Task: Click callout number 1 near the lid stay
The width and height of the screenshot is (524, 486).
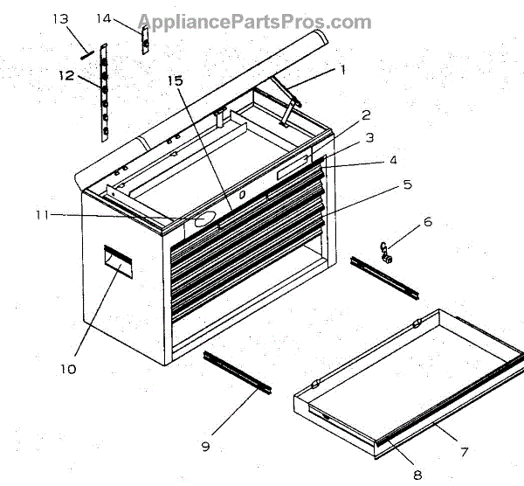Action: point(343,69)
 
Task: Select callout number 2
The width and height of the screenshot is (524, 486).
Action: point(366,115)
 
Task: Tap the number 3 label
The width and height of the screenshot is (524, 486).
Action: point(369,137)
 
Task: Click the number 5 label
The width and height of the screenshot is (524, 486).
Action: point(407,185)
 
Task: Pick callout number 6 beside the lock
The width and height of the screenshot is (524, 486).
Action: point(428,222)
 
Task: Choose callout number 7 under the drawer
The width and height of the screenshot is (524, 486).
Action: point(465,452)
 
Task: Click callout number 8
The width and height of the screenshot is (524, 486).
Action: point(417,475)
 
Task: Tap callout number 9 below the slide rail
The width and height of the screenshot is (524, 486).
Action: point(205,447)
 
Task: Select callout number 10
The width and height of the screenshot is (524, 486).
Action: point(68,369)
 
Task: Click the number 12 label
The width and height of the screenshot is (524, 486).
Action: point(67,75)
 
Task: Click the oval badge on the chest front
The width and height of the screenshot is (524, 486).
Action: point(203,220)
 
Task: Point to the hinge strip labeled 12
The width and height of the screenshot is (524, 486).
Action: point(103,92)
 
